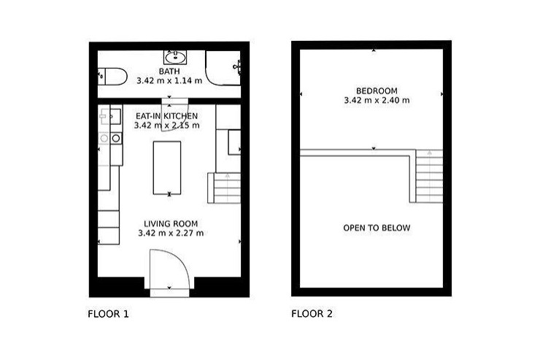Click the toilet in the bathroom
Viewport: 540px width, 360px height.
[x=112, y=77]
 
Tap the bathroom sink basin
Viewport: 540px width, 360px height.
[x=175, y=57]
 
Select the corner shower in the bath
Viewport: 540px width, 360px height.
[x=223, y=67]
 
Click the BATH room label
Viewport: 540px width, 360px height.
[x=169, y=72]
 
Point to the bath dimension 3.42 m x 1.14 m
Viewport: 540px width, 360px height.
[x=169, y=80]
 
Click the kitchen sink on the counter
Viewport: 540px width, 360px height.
[x=110, y=116]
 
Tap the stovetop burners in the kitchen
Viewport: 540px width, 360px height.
[x=110, y=139]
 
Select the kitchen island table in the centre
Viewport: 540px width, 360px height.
[x=167, y=168]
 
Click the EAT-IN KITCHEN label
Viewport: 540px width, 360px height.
[x=166, y=116]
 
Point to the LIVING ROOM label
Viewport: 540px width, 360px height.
[x=171, y=223]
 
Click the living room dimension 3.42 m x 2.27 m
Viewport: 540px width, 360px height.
[x=171, y=233]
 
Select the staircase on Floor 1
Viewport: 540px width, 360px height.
[x=224, y=188]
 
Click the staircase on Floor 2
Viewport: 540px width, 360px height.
[x=429, y=176]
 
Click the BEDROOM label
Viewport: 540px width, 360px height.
[x=377, y=91]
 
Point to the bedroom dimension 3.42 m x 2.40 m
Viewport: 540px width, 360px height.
[x=377, y=101]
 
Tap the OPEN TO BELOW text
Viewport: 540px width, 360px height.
[x=377, y=228]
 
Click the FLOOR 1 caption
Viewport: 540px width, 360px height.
[x=108, y=314]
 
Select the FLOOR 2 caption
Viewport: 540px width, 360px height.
[x=312, y=314]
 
